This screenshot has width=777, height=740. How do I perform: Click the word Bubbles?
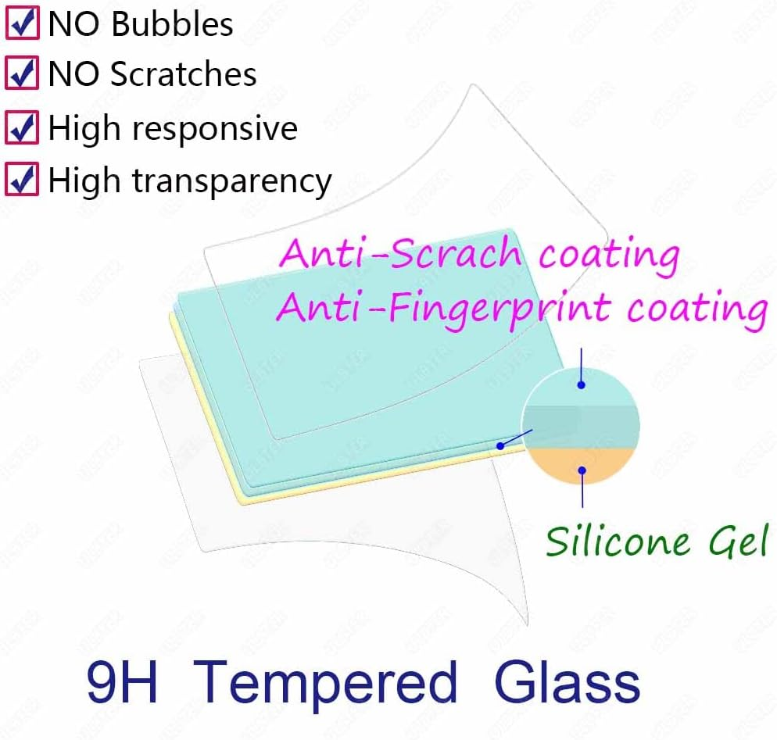[x=172, y=24]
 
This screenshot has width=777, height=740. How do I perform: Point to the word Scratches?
[x=183, y=74]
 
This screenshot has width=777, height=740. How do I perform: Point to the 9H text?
[x=122, y=681]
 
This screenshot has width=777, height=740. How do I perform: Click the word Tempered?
[x=324, y=681]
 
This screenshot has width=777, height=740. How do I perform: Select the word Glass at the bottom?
[x=567, y=681]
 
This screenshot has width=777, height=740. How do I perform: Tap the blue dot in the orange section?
[x=582, y=470]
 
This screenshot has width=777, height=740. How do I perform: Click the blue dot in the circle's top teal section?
[x=582, y=384]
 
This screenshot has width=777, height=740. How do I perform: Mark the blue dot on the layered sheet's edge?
[x=500, y=446]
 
